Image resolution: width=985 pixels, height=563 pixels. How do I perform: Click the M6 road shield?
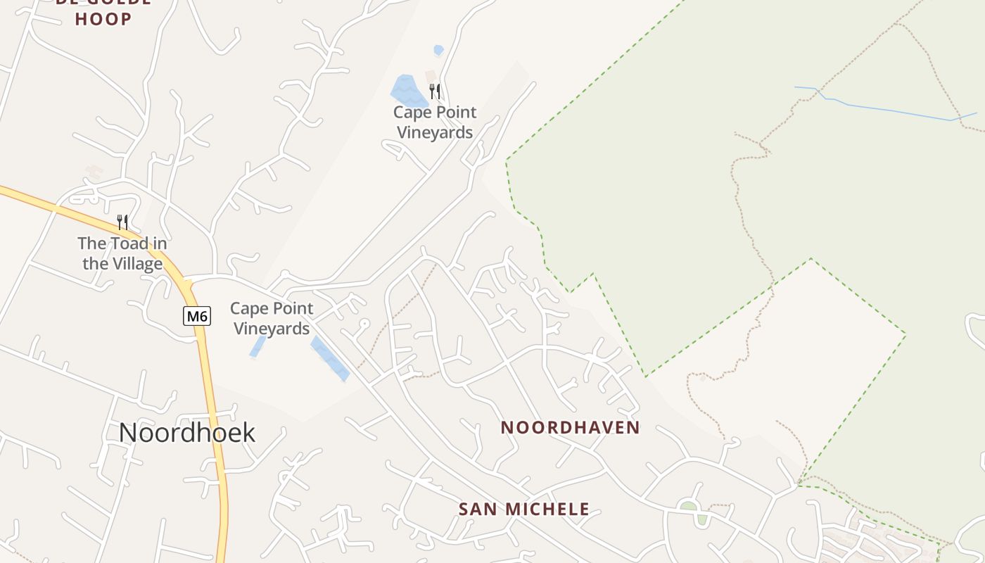[197, 316]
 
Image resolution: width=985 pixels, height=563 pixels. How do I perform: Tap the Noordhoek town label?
[186, 432]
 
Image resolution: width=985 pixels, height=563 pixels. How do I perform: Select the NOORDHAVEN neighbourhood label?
[570, 427]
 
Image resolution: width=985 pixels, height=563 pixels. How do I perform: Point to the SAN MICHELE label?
[523, 509]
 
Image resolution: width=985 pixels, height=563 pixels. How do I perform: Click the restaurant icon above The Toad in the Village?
[122, 222]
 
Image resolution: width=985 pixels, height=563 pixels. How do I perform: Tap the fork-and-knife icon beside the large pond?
[435, 91]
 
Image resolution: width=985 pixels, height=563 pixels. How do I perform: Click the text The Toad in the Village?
[122, 253]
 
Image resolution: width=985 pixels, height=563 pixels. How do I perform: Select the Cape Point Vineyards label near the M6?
[272, 318]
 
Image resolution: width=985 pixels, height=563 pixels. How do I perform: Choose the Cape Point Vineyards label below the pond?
[435, 122]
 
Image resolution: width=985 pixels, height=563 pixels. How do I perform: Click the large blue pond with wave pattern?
[408, 91]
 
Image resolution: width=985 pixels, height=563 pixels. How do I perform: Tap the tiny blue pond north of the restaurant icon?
[438, 50]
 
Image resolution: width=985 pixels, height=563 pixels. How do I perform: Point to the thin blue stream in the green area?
[887, 110]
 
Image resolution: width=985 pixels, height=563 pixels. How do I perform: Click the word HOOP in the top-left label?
[103, 19]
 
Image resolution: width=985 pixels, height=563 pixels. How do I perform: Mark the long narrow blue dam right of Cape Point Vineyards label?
[329, 358]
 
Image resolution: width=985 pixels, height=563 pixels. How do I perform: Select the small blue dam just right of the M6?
[258, 346]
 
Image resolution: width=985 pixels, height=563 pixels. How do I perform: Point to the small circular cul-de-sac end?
[364, 322]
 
